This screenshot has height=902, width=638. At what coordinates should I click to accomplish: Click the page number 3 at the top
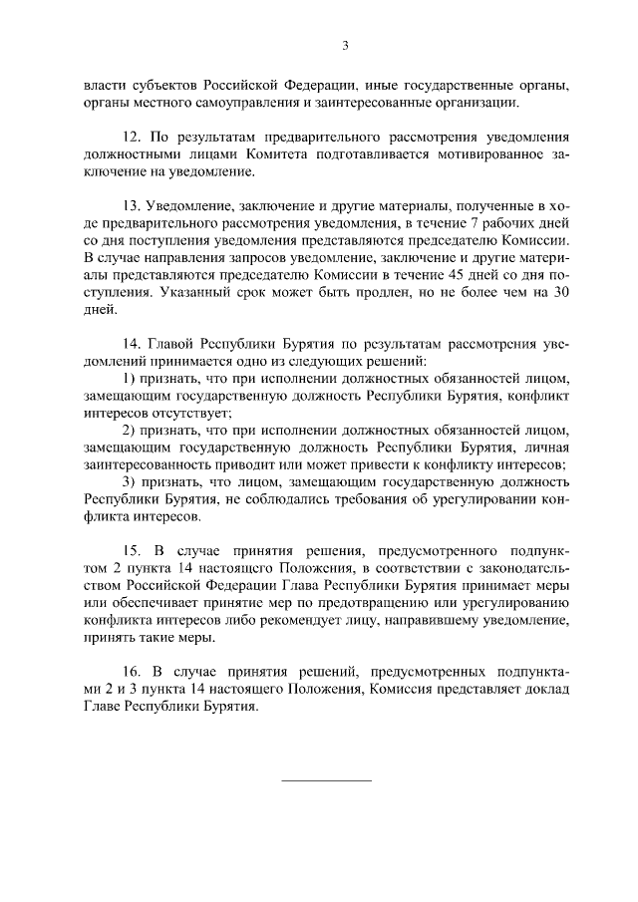(x=345, y=45)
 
